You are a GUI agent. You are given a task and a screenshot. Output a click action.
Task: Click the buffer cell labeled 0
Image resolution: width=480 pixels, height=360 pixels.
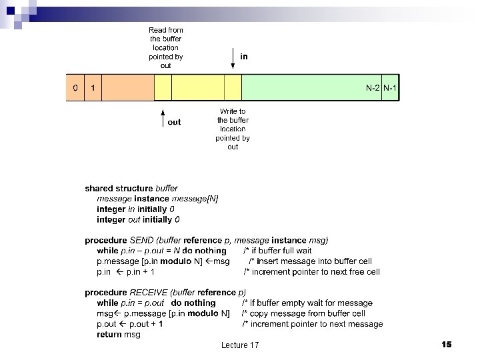(75, 88)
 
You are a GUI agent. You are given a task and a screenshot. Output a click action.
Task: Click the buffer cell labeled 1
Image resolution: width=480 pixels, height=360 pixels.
(93, 88)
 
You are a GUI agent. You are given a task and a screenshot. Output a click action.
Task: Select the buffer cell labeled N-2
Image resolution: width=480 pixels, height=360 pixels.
(373, 88)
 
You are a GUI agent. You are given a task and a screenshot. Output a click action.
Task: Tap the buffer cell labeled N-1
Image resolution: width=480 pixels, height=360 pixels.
(391, 88)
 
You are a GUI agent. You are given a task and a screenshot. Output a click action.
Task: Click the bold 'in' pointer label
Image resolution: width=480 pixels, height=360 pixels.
(244, 57)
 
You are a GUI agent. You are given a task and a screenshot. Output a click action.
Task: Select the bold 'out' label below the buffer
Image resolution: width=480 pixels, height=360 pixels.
(174, 122)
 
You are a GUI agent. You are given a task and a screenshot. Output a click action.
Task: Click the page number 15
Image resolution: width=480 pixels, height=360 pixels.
(446, 344)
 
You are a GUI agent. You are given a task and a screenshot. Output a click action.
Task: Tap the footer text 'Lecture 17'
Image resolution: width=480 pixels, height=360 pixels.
(240, 345)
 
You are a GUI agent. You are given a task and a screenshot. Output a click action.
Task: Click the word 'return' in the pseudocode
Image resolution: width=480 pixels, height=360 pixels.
(109, 335)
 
